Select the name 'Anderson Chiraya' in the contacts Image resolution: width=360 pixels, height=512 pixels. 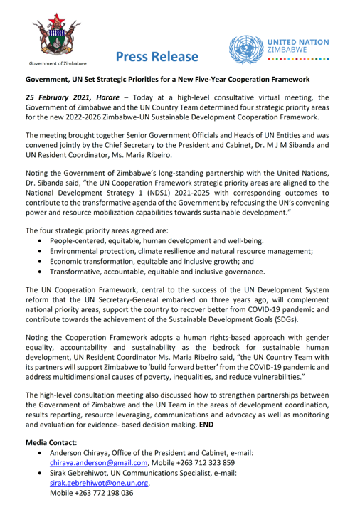pyautogui.click(x=81, y=452)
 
